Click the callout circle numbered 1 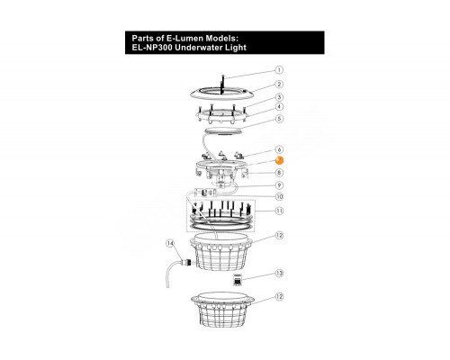[x=279, y=70]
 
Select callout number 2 [x=279, y=85]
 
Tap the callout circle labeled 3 [x=279, y=97]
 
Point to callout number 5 [x=279, y=119]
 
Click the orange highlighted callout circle [x=279, y=160]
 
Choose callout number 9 [x=279, y=185]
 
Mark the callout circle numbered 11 [x=279, y=211]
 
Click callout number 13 [x=279, y=273]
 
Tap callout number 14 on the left [x=170, y=244]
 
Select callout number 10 [x=279, y=196]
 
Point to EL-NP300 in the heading [x=152, y=48]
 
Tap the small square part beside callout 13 [x=238, y=280]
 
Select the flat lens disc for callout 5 [x=222, y=131]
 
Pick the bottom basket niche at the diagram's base [x=223, y=310]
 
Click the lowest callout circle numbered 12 [x=279, y=297]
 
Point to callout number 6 [x=279, y=149]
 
